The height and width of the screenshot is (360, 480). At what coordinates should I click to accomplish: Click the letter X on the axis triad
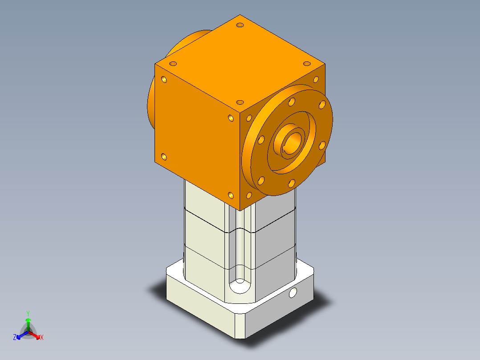pos(42,337)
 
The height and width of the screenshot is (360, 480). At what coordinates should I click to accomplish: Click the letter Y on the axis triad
pos(28,313)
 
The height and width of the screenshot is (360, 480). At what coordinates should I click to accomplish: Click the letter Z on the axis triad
pos(15,337)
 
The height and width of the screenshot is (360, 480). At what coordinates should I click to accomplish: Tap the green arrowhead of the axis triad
pos(28,320)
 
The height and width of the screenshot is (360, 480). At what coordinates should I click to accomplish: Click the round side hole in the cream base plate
pos(293,293)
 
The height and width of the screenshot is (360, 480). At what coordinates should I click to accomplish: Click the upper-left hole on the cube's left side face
pos(164,80)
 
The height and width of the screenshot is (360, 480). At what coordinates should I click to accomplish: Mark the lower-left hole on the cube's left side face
pos(164,157)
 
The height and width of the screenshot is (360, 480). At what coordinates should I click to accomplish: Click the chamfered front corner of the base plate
pos(240,325)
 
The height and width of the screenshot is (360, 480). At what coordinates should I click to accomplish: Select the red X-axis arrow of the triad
pos(35,335)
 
